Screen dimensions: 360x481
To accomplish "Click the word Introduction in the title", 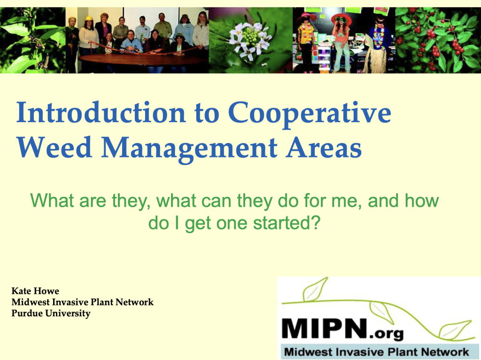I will pos(100,114).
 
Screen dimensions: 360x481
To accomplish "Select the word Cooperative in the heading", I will pos(310,114).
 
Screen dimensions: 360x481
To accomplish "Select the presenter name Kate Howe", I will pos(35,291).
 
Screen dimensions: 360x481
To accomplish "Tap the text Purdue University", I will pos(51,313).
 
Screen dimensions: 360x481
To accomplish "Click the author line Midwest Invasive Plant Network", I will pos(82,302).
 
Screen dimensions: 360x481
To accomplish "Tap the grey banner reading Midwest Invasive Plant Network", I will pos(376,352).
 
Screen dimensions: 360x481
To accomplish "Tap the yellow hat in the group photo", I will pos(88,19).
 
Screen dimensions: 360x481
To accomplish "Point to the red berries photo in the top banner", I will pos(437,40).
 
